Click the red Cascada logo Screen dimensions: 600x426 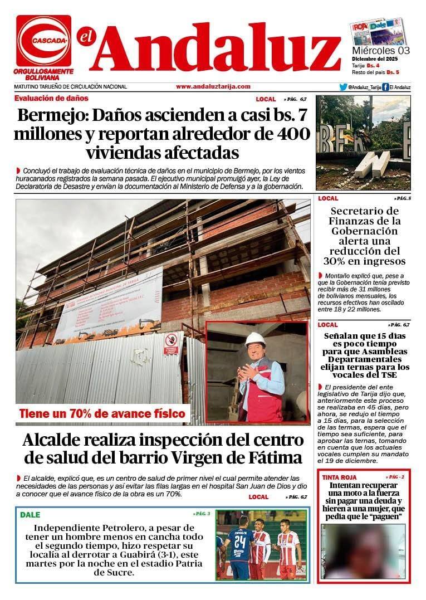pyautogui.click(x=43, y=40)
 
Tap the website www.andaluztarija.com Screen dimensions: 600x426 pyautogui.click(x=213, y=86)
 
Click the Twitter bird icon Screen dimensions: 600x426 pyautogui.click(x=343, y=87)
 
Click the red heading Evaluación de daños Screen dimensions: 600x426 pyautogui.click(x=51, y=98)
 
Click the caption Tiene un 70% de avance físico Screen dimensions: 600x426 pyautogui.click(x=102, y=413)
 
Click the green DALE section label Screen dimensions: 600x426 pyautogui.click(x=30, y=515)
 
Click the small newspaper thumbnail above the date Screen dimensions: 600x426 pyautogui.click(x=378, y=32)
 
